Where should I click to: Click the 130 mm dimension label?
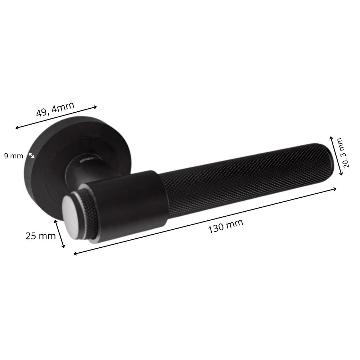click(225, 226)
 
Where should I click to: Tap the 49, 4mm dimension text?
click(55, 109)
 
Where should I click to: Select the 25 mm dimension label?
click(41, 236)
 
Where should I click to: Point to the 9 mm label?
click(14, 156)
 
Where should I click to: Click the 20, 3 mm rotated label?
click(346, 153)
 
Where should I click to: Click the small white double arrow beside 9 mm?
click(32, 156)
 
